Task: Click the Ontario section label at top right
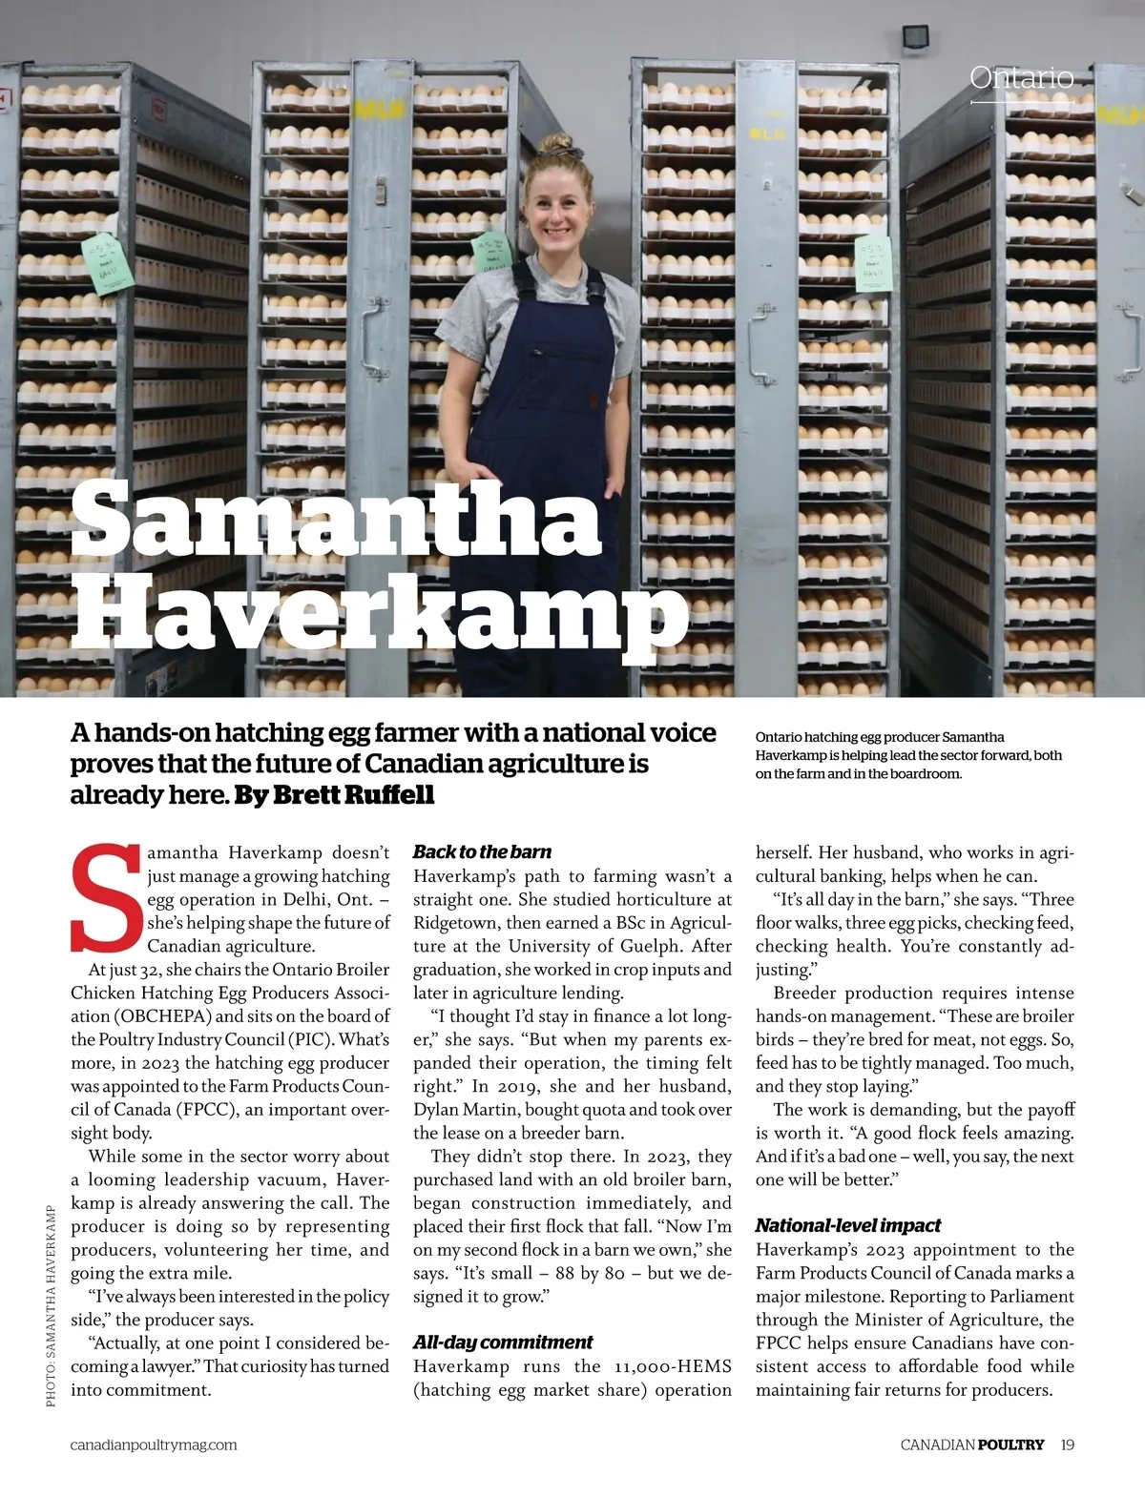pyautogui.click(x=1021, y=77)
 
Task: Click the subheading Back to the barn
pyautogui.click(x=482, y=851)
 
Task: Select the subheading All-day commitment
pyautogui.click(x=502, y=1342)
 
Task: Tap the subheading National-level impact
pyautogui.click(x=848, y=1225)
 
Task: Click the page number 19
pyautogui.click(x=1067, y=1445)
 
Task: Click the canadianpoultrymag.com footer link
pyautogui.click(x=154, y=1445)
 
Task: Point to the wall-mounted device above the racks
pyautogui.click(x=915, y=35)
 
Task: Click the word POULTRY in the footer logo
pyautogui.click(x=1011, y=1445)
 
